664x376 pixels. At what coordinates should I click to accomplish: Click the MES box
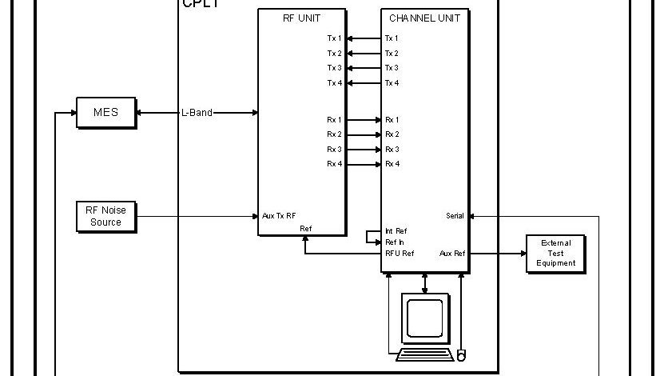coord(105,113)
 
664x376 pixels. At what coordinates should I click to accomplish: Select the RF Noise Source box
coord(105,216)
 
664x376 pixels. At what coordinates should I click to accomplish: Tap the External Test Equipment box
coord(556,253)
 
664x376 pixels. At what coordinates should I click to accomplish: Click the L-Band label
coord(196,113)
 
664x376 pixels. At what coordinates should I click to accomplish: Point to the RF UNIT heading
coord(302,18)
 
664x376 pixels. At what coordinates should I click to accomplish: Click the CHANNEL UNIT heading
coord(424,18)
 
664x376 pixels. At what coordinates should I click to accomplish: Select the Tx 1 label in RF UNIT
coord(334,38)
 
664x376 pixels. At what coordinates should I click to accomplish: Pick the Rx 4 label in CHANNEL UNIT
coord(392,164)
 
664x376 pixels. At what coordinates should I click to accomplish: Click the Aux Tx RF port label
coord(279,216)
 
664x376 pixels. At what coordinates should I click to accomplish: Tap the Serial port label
coord(455,216)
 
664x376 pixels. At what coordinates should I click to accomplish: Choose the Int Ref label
coord(395,231)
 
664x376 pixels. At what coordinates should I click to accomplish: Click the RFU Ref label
coord(399,254)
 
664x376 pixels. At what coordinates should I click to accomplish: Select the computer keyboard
coord(424,353)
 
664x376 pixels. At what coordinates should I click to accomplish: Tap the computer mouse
coord(461,354)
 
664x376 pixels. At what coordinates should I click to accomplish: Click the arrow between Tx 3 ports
coord(364,68)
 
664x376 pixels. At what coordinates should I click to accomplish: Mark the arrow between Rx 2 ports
coord(364,134)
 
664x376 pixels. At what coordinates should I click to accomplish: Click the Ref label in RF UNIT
coord(305,229)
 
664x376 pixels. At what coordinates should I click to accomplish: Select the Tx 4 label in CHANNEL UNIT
coord(392,83)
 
